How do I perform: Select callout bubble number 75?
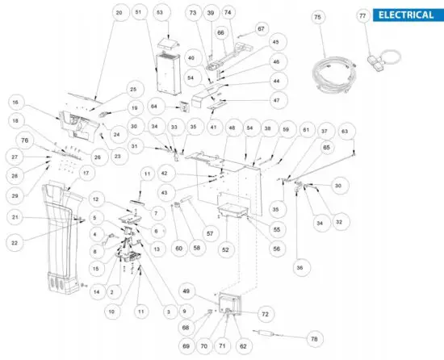click(x=317, y=17)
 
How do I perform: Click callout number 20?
click(x=119, y=14)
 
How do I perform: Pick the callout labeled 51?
click(x=138, y=14)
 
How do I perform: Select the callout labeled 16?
click(x=16, y=103)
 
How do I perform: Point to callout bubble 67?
click(x=261, y=29)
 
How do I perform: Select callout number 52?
click(x=226, y=250)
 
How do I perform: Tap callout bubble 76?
click(x=24, y=140)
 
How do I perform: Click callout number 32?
click(x=338, y=220)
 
